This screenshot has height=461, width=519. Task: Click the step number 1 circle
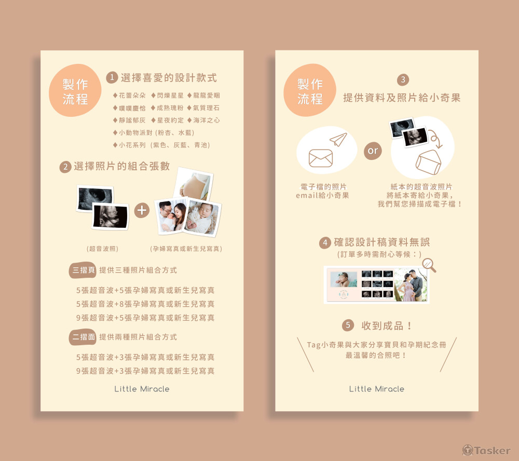coord(112,77)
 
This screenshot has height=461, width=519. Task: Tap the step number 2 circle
coord(65,167)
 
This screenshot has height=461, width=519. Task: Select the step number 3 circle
coord(403,79)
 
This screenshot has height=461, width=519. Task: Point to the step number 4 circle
coord(325,243)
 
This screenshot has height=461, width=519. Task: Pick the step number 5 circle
coord(348,325)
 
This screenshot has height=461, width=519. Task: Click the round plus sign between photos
coord(142,210)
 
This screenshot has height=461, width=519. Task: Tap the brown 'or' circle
coord(373,151)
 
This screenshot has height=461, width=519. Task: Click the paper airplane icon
coord(338,139)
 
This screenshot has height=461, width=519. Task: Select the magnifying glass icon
coord(429,265)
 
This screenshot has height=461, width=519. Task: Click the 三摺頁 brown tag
coord(83,270)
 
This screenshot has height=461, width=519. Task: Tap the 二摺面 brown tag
coord(83,337)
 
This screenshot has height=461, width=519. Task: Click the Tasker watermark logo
coord(487,451)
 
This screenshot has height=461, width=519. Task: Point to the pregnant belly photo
coord(194,184)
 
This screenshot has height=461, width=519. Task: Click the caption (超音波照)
coord(102,249)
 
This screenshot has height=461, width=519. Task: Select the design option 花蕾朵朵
coord(129,96)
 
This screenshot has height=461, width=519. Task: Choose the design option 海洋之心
coord(203,120)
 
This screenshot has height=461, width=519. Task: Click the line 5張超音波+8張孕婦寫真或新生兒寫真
coord(145,304)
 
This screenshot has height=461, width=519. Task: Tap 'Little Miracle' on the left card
coord(142,389)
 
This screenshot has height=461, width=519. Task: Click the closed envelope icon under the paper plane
coord(321,158)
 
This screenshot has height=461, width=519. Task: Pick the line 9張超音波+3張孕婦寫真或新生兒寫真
coord(145,371)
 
